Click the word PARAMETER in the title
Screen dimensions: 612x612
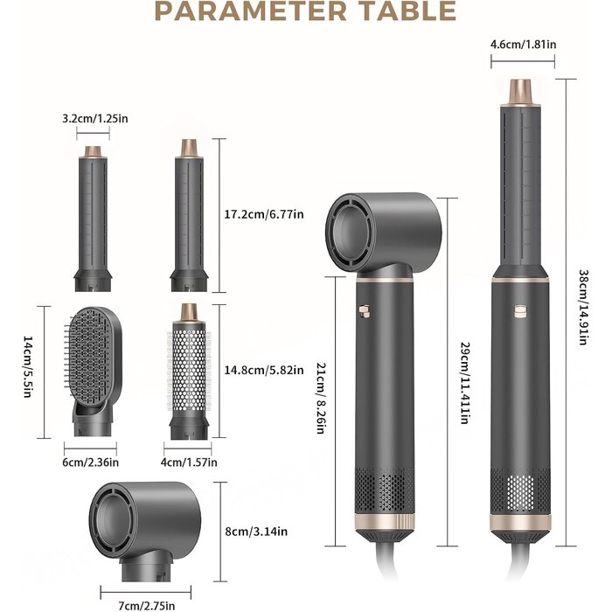coord(251,10)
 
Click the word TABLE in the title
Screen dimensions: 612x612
coord(408,10)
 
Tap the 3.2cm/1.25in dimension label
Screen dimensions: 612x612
coord(95,118)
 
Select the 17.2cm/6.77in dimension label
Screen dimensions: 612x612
coord(264,214)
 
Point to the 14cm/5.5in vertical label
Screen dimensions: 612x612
coord(27,367)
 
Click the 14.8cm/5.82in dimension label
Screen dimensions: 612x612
coord(264,370)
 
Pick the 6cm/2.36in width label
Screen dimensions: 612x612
coord(91,462)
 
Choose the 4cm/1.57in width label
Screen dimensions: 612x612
coord(189,462)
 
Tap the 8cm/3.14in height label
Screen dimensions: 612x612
coord(256,532)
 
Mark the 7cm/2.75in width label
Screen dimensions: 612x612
coord(147,606)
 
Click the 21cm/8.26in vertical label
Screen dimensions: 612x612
coord(321,398)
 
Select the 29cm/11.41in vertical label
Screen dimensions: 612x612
coord(464,383)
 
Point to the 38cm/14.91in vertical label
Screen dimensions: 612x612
coord(583,307)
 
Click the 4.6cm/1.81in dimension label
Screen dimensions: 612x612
coord(524,44)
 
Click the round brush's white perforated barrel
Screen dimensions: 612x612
coord(189,370)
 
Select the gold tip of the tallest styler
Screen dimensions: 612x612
coord(521,93)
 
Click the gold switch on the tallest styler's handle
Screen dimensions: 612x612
coord(520,311)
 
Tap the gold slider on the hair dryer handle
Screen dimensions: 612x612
coord(365,311)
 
